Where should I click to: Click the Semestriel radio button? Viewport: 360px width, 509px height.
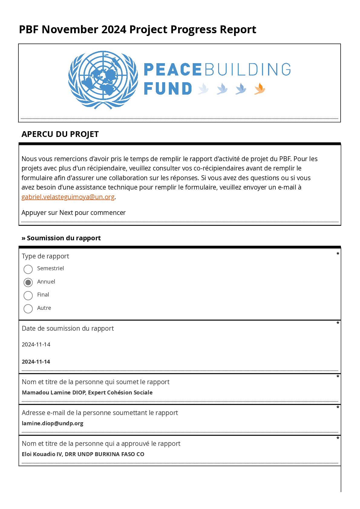(x=28, y=269)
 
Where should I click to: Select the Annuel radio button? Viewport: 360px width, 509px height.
(x=28, y=282)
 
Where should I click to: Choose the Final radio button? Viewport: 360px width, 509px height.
(x=28, y=295)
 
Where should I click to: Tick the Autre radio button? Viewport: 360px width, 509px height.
(x=28, y=309)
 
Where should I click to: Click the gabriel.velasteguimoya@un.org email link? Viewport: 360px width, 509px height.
(x=68, y=197)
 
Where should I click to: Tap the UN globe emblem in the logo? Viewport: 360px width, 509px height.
(x=103, y=79)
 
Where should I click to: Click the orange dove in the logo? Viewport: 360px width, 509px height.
(x=260, y=89)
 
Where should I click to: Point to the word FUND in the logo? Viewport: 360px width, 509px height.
(x=168, y=89)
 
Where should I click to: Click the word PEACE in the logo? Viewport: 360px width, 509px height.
(x=172, y=70)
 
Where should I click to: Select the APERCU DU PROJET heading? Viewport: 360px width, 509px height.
(x=60, y=134)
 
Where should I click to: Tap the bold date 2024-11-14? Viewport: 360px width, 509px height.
(x=36, y=362)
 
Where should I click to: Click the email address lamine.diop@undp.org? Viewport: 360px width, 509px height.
(x=52, y=423)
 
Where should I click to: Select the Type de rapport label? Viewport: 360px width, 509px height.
(x=45, y=256)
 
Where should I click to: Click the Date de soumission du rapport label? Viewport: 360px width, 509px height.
(x=68, y=329)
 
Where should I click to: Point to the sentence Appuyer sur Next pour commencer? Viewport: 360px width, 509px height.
(x=74, y=213)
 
